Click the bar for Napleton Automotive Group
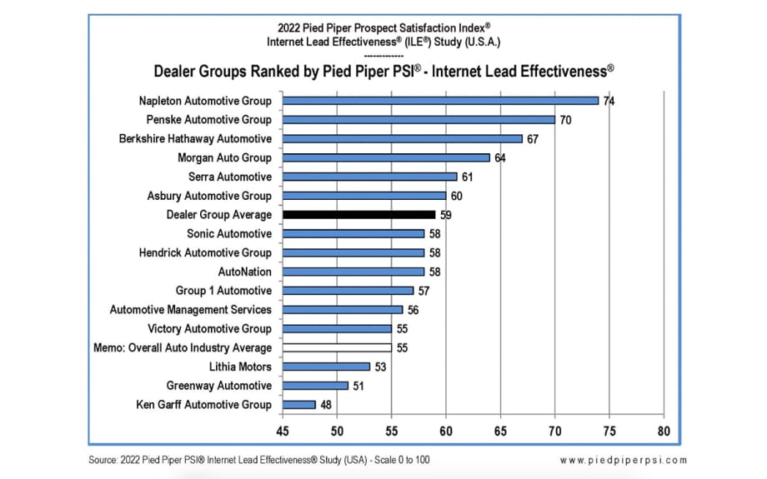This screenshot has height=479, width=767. [440, 101]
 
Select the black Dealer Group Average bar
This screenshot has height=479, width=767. [358, 215]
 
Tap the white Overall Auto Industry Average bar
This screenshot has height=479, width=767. [337, 347]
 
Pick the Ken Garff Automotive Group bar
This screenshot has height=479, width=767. [298, 405]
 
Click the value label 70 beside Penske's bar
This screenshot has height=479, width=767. [565, 120]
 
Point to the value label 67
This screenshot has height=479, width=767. [533, 139]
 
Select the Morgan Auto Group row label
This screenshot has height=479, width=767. [224, 157]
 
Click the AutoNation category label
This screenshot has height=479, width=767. [244, 272]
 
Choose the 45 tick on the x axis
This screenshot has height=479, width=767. [283, 431]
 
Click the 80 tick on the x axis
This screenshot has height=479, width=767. [664, 431]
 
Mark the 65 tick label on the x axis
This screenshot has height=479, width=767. [500, 431]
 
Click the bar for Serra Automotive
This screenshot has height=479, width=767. [369, 177]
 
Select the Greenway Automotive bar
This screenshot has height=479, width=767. [315, 386]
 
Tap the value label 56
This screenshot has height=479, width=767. [413, 310]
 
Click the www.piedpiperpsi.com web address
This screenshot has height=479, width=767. [623, 460]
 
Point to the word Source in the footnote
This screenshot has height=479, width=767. [103, 460]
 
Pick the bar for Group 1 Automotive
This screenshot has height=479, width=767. [348, 291]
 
